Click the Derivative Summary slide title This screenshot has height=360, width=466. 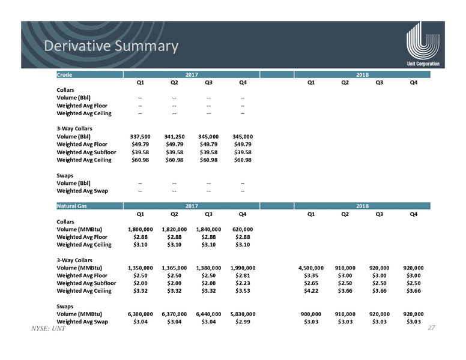point(111,46)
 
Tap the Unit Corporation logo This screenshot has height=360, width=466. point(423,44)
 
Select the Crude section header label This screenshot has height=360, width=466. point(64,75)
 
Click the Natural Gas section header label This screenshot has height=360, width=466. point(71,206)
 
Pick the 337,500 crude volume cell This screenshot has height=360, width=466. point(141,137)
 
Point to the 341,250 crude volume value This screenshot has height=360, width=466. point(175,137)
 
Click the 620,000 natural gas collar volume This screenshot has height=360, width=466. point(243,229)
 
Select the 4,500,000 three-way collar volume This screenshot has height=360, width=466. point(311,268)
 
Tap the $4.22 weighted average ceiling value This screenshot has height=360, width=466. point(311,291)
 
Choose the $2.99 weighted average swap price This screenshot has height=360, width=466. point(243,322)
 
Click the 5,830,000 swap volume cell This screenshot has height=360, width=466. point(243,314)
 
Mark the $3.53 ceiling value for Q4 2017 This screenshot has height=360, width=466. point(243,291)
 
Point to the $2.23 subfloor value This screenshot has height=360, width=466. point(243,283)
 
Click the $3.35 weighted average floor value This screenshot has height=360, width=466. point(311,275)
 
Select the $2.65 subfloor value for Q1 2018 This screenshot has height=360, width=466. point(311,283)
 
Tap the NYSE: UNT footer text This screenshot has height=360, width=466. point(48,329)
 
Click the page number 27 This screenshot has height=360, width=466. point(432,328)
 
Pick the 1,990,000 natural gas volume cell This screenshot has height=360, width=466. point(243,268)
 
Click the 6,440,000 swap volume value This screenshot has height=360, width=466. point(208,314)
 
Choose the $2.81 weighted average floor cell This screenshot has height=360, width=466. point(243,275)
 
